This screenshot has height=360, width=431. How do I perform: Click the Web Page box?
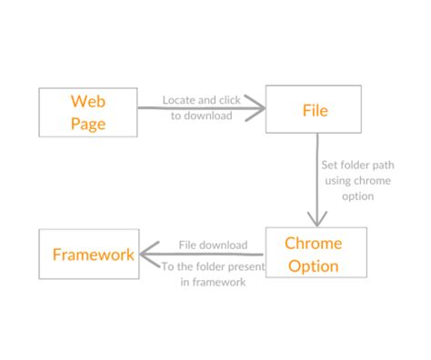pyautogui.click(x=88, y=112)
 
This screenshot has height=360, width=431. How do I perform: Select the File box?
pyautogui.click(x=315, y=111)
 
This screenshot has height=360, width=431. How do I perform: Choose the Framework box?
pyautogui.click(x=88, y=254)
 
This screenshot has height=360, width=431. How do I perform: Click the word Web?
pyautogui.click(x=88, y=100)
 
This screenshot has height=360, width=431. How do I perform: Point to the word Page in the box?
pyautogui.click(x=88, y=123)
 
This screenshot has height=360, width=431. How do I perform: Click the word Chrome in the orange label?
pyautogui.click(x=313, y=243)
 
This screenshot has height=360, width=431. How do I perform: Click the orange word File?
pyautogui.click(x=315, y=111)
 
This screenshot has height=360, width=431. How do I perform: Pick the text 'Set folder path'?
pyautogui.click(x=358, y=166)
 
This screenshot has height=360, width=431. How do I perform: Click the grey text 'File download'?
pyautogui.click(x=213, y=245)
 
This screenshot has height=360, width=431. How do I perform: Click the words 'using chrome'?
pyautogui.click(x=358, y=181)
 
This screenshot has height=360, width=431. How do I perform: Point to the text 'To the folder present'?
pyautogui.click(x=213, y=267)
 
